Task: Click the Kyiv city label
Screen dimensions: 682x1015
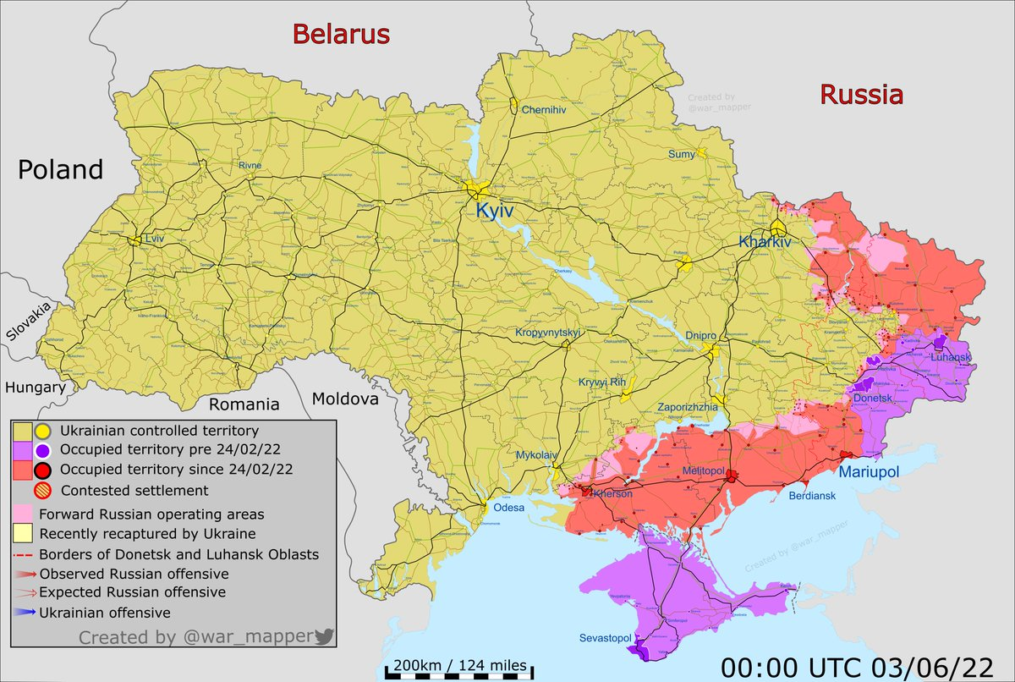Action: [495, 210]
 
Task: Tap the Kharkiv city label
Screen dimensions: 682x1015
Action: [765, 241]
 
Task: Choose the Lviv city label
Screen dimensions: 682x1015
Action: [154, 239]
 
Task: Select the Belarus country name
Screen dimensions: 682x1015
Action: [341, 35]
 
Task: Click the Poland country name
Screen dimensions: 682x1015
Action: [61, 169]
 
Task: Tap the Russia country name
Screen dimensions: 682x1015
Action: [861, 95]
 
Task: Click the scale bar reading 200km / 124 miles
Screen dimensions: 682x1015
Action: [458, 664]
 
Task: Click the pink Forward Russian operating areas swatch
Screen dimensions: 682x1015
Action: [24, 514]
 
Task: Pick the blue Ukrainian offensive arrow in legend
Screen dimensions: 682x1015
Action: [24, 612]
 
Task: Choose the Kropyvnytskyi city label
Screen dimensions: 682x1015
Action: [549, 333]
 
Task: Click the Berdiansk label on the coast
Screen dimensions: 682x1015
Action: [815, 496]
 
